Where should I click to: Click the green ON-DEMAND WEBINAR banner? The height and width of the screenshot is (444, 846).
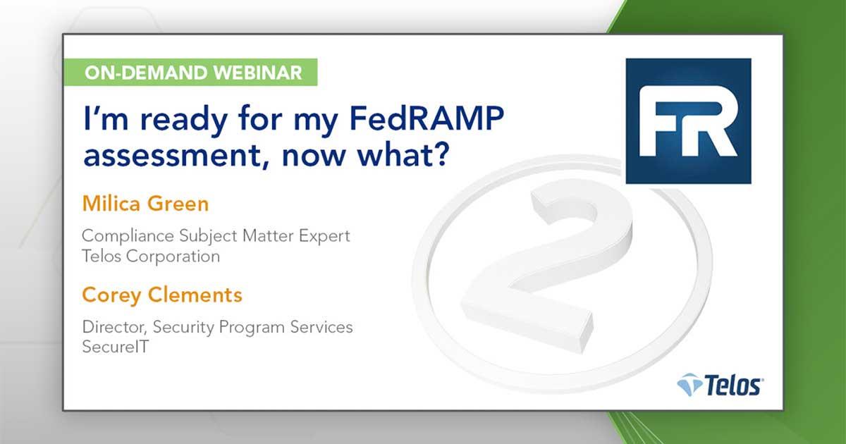(x=189, y=72)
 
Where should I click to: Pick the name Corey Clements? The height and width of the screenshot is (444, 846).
(x=162, y=295)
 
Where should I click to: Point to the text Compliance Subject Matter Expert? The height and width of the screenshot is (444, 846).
(x=216, y=235)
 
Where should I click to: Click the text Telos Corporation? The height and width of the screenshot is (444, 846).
(x=151, y=256)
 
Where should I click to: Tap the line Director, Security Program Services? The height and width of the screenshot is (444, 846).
(x=217, y=326)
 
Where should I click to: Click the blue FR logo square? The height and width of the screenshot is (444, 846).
(x=688, y=121)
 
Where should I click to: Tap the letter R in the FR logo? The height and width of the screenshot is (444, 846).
(x=712, y=121)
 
